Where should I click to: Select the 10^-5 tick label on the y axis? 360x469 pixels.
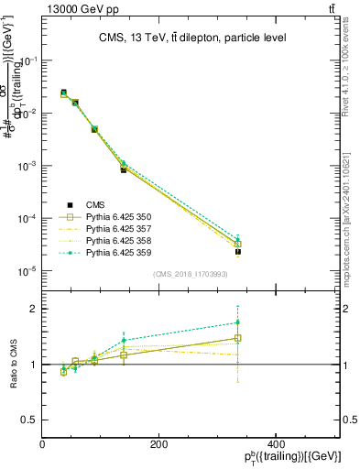27,271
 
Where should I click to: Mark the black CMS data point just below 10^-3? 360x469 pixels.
124,170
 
